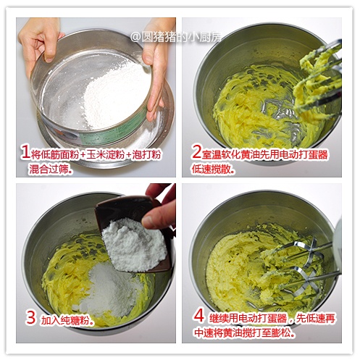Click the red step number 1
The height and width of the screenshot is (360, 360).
[25, 153]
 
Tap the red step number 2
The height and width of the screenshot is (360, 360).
[196, 152]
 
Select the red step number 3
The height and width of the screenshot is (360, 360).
[30, 317]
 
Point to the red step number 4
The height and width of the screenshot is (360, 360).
[199, 316]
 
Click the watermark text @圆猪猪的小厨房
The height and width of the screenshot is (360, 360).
[175, 37]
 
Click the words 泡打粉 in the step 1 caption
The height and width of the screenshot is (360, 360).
[146, 155]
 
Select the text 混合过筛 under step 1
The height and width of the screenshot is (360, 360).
[49, 169]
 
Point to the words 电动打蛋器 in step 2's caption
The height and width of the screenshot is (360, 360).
[304, 154]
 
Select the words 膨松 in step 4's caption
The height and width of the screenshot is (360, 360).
[280, 333]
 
